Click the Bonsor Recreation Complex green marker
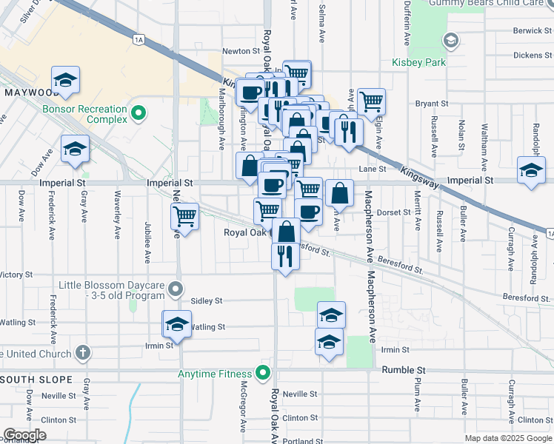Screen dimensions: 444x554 [138, 113]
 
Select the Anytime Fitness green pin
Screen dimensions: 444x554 [261, 373]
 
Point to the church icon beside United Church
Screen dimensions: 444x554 [83, 353]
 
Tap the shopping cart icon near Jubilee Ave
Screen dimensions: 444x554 [184, 217]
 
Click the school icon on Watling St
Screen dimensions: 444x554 [177, 324]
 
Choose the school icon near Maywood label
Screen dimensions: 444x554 [66, 80]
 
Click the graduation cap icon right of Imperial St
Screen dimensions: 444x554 [532, 171]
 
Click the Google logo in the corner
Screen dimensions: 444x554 [24, 434]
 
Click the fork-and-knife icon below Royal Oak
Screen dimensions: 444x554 [285, 256]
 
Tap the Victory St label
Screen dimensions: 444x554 [15, 275]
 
